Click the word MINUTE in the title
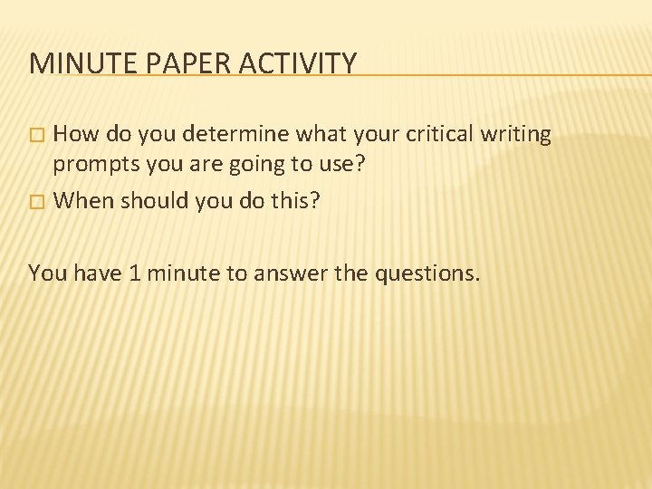click(76, 62)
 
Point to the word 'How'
click(77, 134)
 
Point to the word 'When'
click(84, 199)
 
